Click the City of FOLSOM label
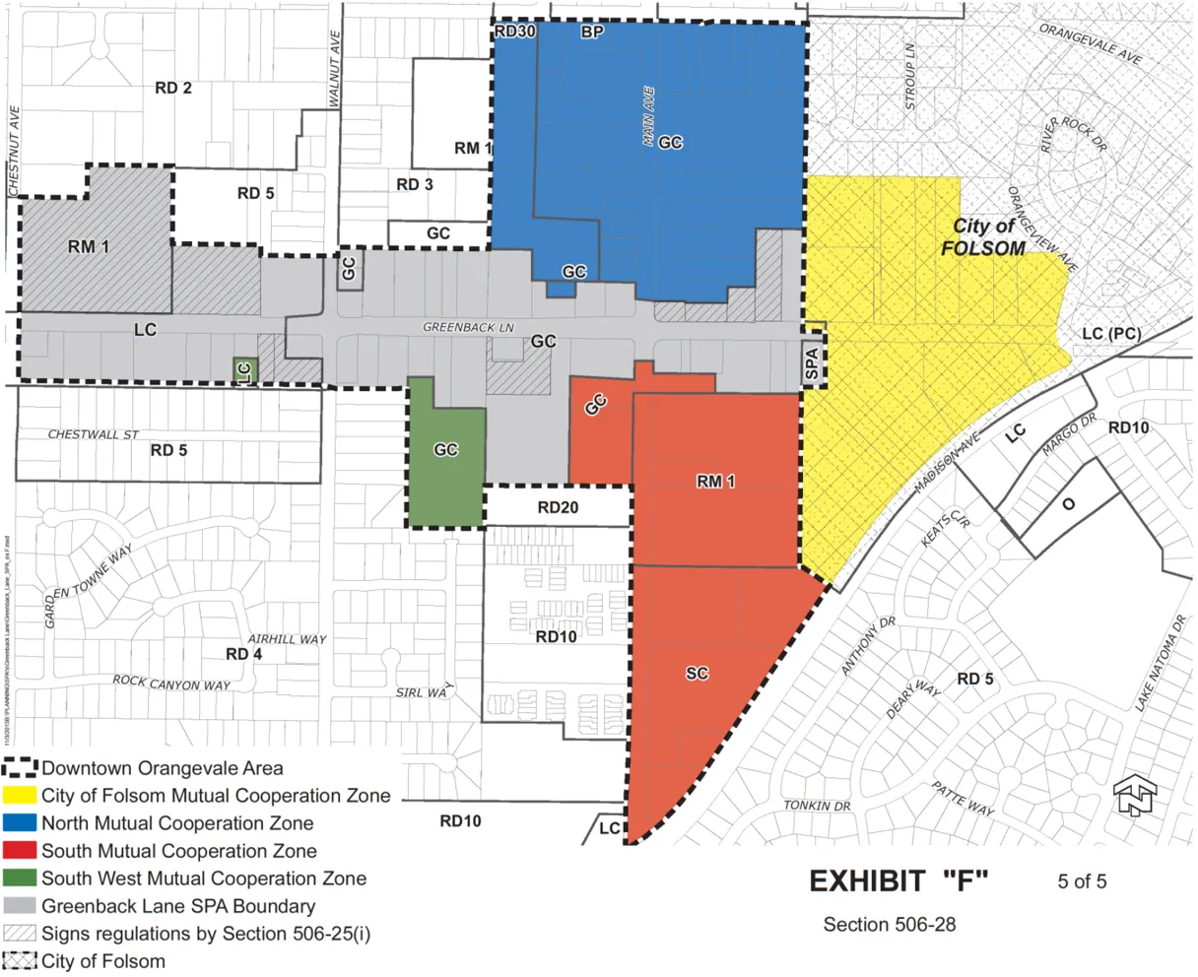(x=982, y=237)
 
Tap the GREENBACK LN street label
(x=469, y=327)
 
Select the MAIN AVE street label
(x=648, y=117)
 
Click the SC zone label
(x=697, y=674)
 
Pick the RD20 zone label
(x=558, y=508)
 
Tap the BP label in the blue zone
(x=591, y=33)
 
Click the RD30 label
(x=514, y=32)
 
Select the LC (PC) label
(x=1110, y=334)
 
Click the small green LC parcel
(x=244, y=370)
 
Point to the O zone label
(x=1068, y=505)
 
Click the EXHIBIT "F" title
(x=898, y=881)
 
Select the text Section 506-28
(x=889, y=925)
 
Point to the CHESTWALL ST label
(x=95, y=434)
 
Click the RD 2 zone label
(x=173, y=88)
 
